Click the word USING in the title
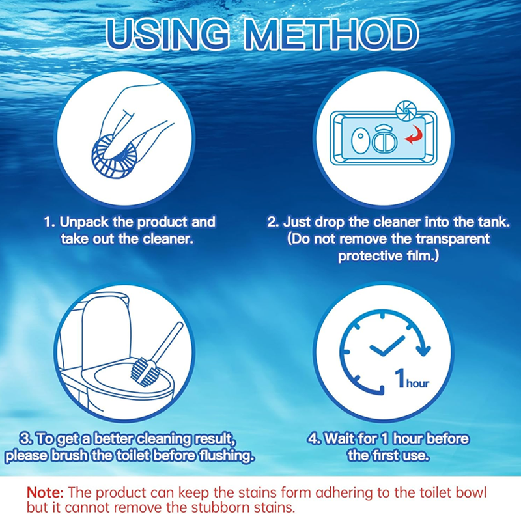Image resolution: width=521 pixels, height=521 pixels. (x=168, y=35)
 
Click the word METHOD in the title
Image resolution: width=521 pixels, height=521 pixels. (x=331, y=35)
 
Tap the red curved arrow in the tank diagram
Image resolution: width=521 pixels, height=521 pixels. (x=414, y=134)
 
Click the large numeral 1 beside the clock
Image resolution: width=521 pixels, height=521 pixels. (x=400, y=378)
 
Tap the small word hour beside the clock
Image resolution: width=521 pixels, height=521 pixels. (x=417, y=383)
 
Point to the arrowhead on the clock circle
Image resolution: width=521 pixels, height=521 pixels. (x=423, y=350)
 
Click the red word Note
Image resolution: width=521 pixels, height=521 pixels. (x=45, y=492)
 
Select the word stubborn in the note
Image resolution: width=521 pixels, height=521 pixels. (x=221, y=508)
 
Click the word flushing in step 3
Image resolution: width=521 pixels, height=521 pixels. (x=226, y=455)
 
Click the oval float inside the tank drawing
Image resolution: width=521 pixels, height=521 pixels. (x=360, y=141)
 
